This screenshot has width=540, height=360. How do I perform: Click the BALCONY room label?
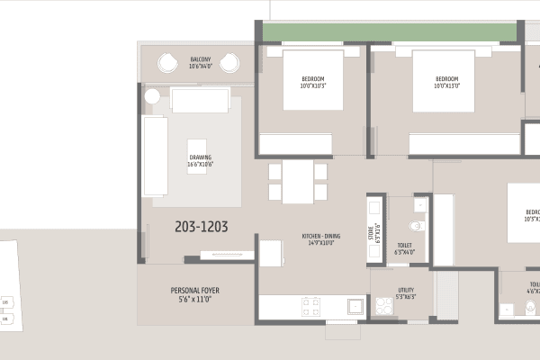click(199, 62)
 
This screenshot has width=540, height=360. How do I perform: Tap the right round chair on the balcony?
click(229, 64)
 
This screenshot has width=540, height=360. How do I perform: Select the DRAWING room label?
click(200, 160)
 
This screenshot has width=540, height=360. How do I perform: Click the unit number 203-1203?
click(201, 228)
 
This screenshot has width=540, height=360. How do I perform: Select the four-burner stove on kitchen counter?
click(311, 305)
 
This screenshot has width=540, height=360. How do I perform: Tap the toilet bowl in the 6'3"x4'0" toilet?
click(416, 227)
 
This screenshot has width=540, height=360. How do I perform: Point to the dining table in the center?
click(297, 181)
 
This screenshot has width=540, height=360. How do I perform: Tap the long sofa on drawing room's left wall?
click(154, 158)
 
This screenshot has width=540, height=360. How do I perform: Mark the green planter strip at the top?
click(389, 32)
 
